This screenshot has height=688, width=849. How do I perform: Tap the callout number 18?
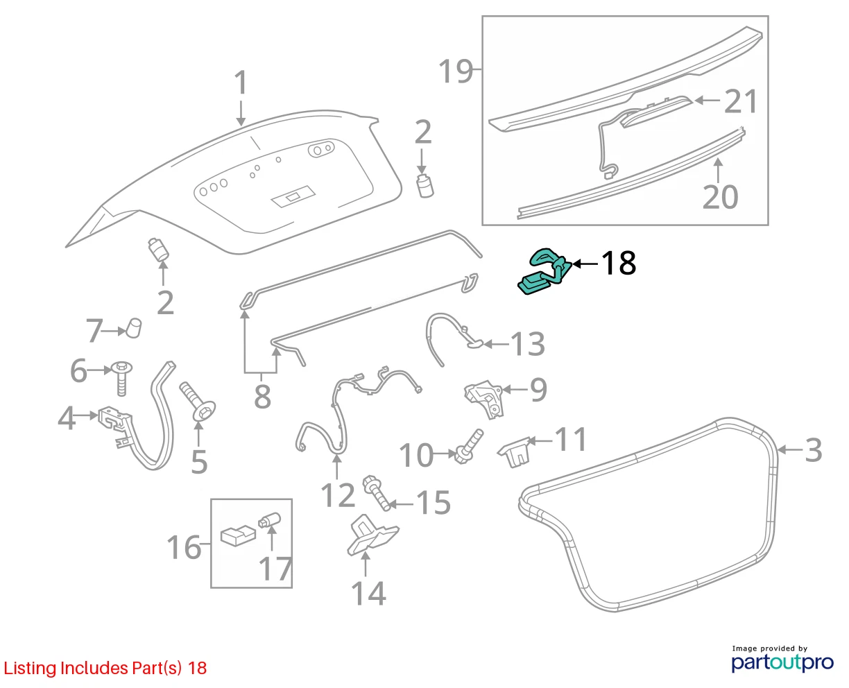618,263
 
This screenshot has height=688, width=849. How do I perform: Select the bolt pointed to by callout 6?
122,378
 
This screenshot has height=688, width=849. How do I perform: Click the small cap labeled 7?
134,327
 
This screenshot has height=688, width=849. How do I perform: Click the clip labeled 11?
515,452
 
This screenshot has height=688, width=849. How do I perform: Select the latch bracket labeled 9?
485,399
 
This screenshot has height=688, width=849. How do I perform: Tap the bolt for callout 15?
376,492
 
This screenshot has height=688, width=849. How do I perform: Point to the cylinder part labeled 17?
269,519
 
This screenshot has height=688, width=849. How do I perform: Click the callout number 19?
455,71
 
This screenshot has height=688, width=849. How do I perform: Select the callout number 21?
740,101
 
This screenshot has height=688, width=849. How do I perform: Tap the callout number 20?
720,197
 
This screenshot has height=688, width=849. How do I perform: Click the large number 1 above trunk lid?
241,83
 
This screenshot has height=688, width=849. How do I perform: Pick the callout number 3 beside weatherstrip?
813,450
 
